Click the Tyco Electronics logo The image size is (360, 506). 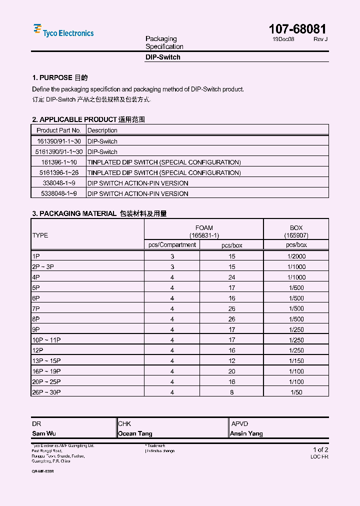point(63,31)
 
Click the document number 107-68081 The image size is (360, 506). point(297,29)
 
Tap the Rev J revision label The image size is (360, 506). point(320,39)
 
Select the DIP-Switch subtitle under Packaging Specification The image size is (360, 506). point(162,57)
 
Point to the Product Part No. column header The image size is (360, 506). point(59,130)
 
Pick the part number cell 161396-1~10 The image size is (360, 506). point(59,162)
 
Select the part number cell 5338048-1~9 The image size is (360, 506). point(59,193)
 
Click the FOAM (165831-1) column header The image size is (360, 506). point(204,231)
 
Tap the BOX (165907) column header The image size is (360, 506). point(296,231)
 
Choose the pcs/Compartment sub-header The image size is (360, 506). point(172,245)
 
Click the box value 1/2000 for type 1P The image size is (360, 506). point(296,256)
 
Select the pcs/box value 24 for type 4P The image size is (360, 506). point(232,277)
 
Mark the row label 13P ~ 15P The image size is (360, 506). point(46,361)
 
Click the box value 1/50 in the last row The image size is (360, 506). point(296,392)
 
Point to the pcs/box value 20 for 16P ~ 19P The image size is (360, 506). point(232,371)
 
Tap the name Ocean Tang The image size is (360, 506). point(135,433)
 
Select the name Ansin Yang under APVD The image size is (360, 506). point(246,433)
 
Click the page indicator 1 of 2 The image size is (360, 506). point(320,449)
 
